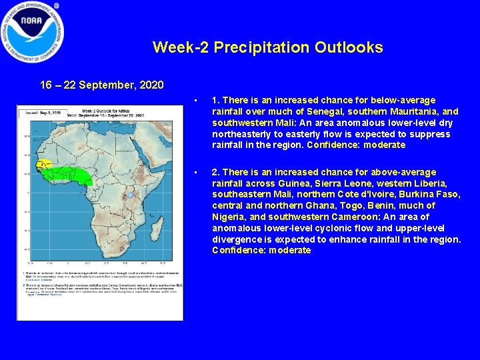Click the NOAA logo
[x=33, y=31]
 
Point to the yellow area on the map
[x=43, y=163]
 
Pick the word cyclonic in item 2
[x=326, y=228]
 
